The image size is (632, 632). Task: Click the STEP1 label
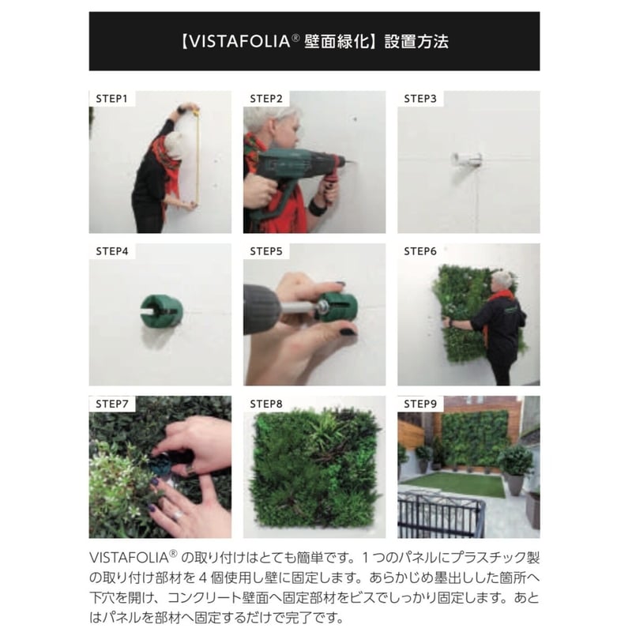111,99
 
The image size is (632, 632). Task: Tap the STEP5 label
266,251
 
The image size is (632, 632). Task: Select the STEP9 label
420,404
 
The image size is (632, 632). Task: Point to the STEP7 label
112,404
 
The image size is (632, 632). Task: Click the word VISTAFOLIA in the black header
240,42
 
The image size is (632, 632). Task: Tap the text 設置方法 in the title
416,42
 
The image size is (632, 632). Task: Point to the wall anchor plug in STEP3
467,160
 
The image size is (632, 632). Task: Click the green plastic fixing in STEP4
162,310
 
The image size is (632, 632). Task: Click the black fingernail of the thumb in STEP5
348,333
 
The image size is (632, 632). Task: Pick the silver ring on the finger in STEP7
178,515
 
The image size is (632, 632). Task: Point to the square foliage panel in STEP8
314,468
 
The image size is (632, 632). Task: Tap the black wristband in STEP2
318,209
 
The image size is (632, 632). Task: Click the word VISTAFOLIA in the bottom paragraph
129,558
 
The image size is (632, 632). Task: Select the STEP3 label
420,99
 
